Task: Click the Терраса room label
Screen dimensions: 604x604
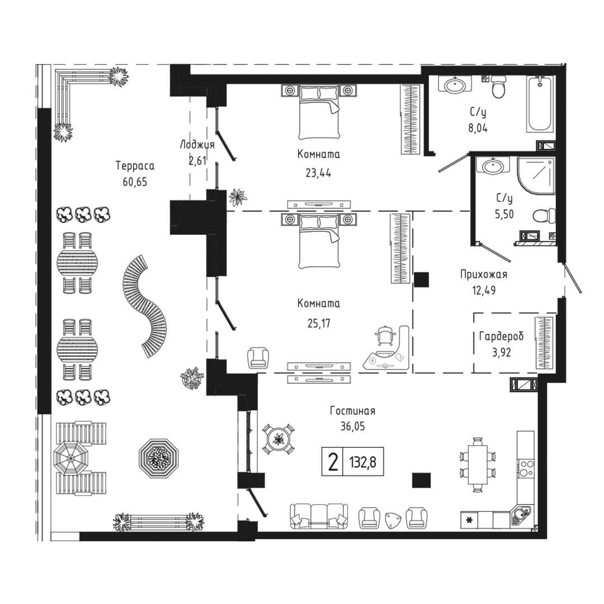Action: click(135, 166)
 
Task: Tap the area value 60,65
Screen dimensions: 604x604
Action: click(135, 182)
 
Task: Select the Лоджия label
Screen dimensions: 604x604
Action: click(197, 145)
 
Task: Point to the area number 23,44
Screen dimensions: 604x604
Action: click(318, 173)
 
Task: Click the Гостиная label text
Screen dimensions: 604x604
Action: click(352, 411)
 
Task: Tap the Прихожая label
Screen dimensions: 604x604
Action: click(483, 275)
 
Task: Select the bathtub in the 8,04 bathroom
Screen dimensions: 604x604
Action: click(540, 104)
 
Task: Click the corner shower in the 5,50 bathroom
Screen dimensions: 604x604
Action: click(536, 174)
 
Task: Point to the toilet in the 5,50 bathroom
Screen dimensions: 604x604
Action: click(544, 216)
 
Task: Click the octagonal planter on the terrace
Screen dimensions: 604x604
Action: click(159, 457)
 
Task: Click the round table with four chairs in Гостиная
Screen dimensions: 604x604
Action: click(279, 438)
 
